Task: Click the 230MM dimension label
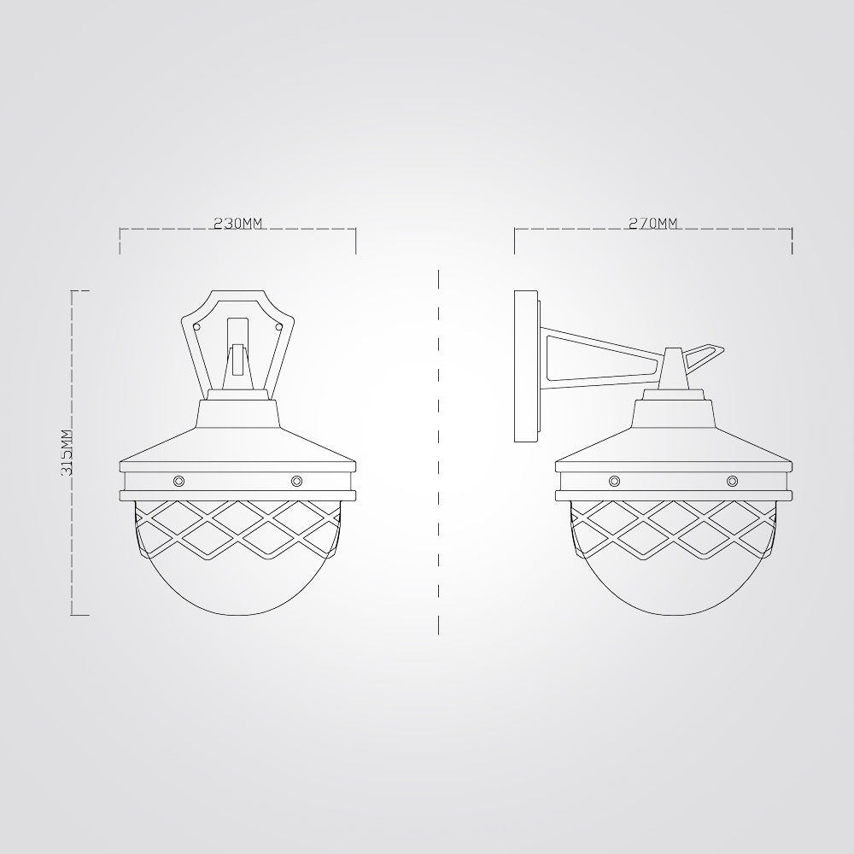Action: pos(237,223)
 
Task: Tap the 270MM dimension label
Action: pos(653,223)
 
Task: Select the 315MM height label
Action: pos(67,453)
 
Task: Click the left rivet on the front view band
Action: pos(178,481)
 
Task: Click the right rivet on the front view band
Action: pos(296,481)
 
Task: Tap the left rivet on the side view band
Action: pos(614,481)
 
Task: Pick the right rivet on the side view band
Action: pos(732,481)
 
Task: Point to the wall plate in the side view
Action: pos(527,366)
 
